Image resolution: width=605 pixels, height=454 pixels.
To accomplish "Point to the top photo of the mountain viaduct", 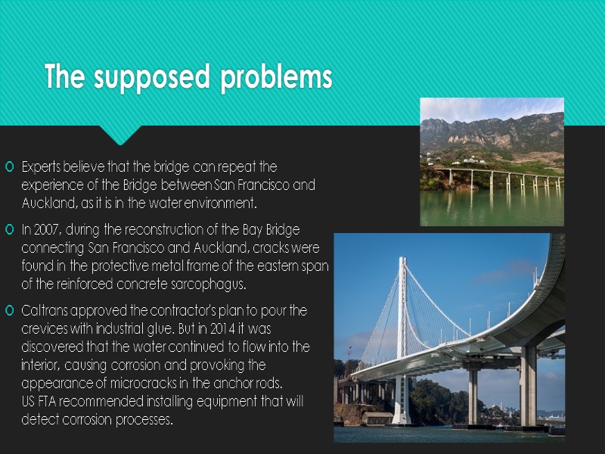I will (x=492, y=161).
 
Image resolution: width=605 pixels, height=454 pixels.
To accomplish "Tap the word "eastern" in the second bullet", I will (x=277, y=266).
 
